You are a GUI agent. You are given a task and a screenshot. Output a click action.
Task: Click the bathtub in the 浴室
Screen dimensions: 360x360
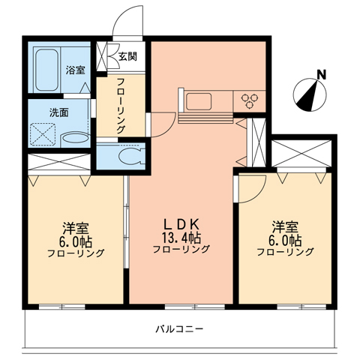point(46,70)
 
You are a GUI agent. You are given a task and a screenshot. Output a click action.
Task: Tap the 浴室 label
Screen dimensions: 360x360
point(75,70)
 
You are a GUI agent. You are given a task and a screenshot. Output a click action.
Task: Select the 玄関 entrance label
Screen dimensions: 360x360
point(127,56)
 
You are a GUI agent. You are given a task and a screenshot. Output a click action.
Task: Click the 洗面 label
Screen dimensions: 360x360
point(59,112)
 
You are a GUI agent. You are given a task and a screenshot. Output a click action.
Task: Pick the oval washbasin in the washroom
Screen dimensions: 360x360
point(75,138)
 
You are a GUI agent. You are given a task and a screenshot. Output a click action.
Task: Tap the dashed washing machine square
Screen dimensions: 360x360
point(43,134)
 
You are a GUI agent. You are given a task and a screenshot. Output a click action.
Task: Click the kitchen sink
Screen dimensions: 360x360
point(199,101)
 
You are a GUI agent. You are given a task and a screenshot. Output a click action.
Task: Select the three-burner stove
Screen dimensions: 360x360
point(249,101)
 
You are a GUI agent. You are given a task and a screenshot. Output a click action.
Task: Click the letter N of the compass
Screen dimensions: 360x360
point(322,74)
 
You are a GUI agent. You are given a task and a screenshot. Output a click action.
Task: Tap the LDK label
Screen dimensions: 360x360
point(181,224)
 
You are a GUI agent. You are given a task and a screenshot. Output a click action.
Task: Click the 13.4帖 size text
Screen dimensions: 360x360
point(181,238)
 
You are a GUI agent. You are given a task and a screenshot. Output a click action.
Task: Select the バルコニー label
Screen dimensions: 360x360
point(179,329)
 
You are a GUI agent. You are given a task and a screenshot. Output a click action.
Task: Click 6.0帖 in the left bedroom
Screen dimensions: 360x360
point(76,241)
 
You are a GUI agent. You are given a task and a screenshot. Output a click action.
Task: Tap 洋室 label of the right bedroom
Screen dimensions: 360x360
point(285,227)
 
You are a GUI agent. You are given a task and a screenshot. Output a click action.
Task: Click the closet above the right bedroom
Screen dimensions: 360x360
point(301,154)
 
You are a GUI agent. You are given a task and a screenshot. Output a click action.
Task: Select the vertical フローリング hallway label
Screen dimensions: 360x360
point(121,106)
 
